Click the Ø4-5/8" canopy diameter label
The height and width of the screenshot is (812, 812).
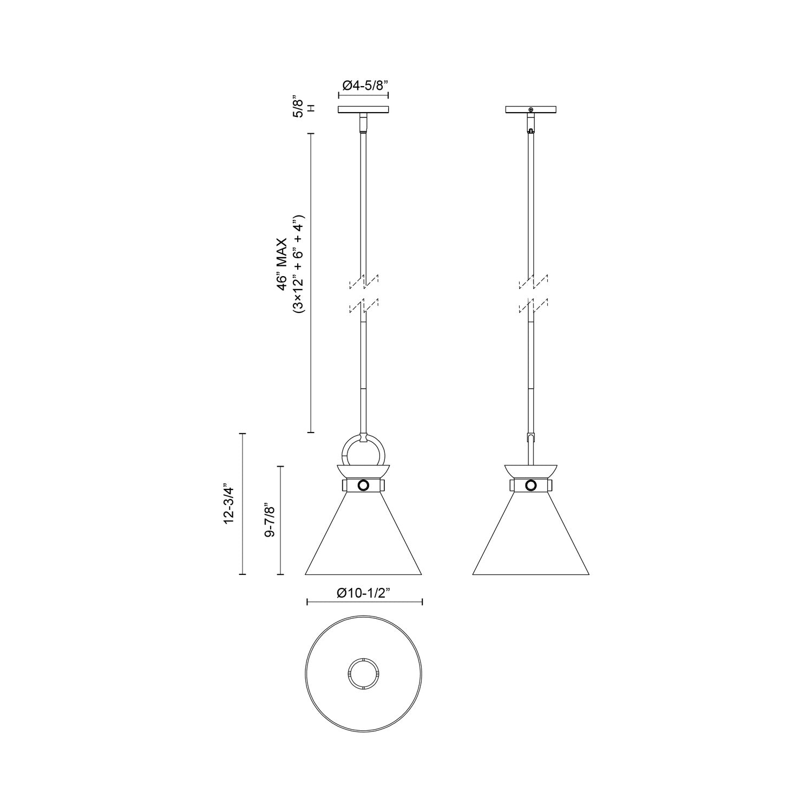click(363, 85)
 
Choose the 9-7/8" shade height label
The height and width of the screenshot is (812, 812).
click(270, 520)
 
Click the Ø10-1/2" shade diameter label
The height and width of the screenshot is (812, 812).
click(364, 593)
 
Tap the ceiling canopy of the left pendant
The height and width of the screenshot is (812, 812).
click(363, 109)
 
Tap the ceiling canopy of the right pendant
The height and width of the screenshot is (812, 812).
click(531, 109)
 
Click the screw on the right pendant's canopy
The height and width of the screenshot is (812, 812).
click(531, 110)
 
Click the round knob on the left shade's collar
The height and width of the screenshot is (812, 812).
click(363, 485)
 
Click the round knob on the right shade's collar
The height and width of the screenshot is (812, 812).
click(531, 485)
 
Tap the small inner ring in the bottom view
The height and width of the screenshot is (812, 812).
click(363, 675)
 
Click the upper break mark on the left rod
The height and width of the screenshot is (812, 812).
click(364, 281)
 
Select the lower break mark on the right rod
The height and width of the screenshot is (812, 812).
click(533, 306)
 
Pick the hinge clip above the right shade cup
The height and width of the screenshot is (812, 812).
click(531, 437)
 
